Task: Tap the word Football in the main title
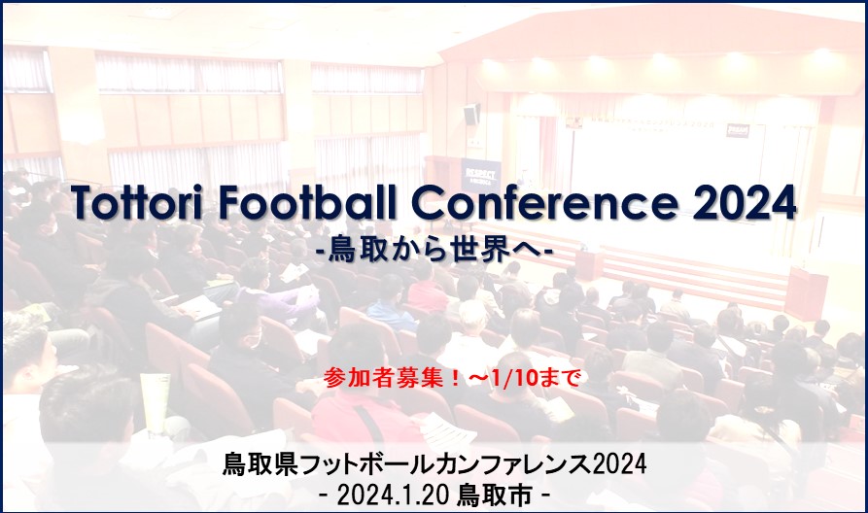pyautogui.click(x=308, y=202)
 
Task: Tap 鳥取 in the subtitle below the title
pyautogui.click(x=356, y=252)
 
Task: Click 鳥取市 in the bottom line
pyautogui.click(x=495, y=496)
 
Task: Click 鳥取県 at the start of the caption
pyautogui.click(x=260, y=464)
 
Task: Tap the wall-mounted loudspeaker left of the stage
pyautogui.click(x=471, y=115)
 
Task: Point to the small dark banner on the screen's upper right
pyautogui.click(x=738, y=130)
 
